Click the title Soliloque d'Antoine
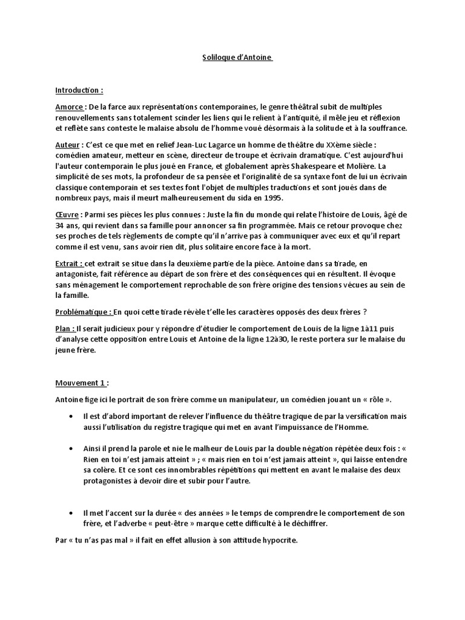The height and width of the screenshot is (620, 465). (237, 58)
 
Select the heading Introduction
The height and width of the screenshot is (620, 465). (79, 90)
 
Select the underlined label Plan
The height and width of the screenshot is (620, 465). (64, 328)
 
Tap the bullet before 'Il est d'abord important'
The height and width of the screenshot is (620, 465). (71, 417)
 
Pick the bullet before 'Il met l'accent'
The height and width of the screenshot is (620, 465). (71, 513)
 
